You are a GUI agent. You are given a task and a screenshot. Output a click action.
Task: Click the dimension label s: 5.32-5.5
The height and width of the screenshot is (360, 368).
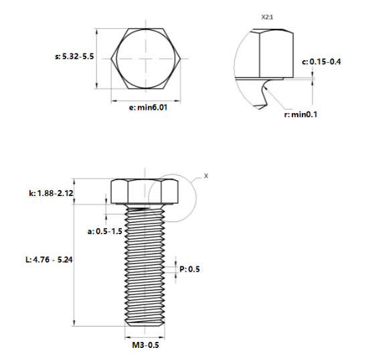74,58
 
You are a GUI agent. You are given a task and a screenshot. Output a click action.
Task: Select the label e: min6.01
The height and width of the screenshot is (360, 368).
143,106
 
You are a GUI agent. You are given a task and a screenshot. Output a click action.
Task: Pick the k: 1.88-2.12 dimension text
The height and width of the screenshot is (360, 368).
50,193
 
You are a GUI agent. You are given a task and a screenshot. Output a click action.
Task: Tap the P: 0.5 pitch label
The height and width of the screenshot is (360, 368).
189,269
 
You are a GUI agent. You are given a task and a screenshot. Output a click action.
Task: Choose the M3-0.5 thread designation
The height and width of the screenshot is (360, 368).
145,345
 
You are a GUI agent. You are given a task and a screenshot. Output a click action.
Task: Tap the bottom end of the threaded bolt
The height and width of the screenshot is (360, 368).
145,324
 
